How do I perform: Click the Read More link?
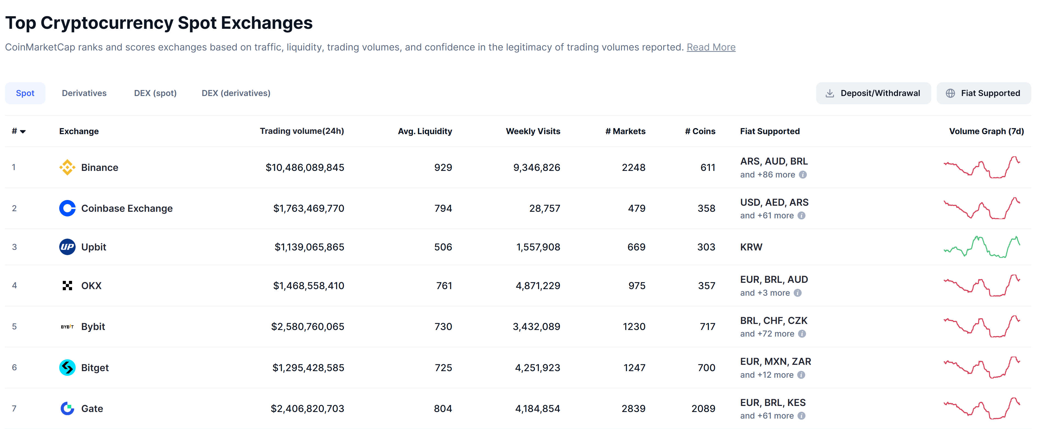(x=711, y=47)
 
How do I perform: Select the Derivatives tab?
(x=84, y=93)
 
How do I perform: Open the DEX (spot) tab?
(x=155, y=93)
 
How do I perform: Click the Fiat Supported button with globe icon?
(x=983, y=93)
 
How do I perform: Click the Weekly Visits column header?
(x=533, y=131)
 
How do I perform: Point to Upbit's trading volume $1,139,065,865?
(x=309, y=247)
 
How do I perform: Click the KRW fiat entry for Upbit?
(x=751, y=247)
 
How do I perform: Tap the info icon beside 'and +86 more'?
(x=802, y=175)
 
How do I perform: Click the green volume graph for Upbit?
(x=981, y=247)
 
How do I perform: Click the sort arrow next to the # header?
(x=23, y=131)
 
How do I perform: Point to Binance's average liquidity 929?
(x=443, y=168)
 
